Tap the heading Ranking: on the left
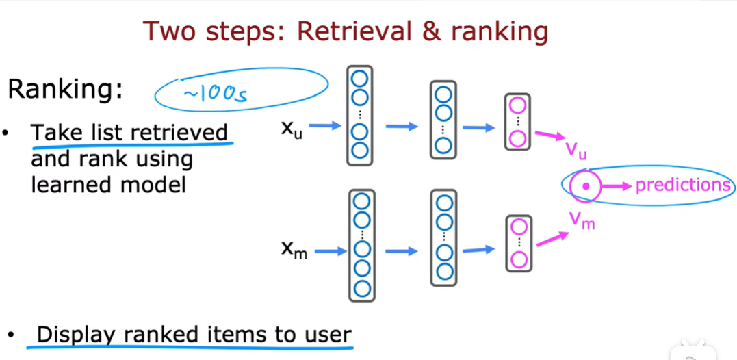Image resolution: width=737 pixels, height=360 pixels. click(x=65, y=90)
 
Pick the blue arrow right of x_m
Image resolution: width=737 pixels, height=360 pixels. click(x=331, y=252)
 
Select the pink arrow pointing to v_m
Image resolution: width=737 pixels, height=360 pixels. click(x=553, y=239)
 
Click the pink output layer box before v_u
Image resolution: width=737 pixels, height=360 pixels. click(x=517, y=122)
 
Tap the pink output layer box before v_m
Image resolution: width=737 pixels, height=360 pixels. click(x=518, y=243)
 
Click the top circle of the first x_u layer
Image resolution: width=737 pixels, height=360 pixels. click(x=360, y=77)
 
